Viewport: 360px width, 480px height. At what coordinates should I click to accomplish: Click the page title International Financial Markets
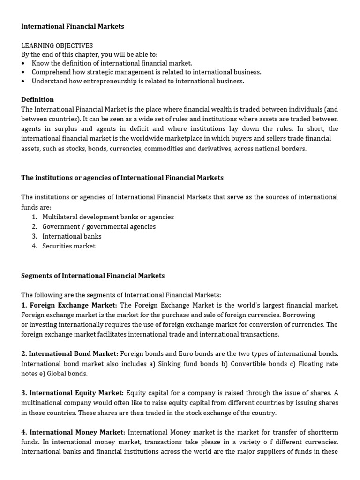coord(73,27)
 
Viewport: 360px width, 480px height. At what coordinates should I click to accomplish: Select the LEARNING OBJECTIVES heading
coord(57,46)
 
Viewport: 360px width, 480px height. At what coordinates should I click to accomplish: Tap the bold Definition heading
coord(37,99)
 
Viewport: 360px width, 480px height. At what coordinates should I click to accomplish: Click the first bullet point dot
coord(23,63)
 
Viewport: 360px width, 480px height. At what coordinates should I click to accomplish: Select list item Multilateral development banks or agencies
coord(108,217)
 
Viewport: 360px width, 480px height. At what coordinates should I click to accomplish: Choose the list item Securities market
coord(68,246)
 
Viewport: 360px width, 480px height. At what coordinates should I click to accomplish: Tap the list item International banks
coord(72,236)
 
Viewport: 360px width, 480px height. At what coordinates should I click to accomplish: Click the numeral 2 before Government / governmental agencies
coord(34,227)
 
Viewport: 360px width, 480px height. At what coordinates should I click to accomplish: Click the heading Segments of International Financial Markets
coord(93,276)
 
